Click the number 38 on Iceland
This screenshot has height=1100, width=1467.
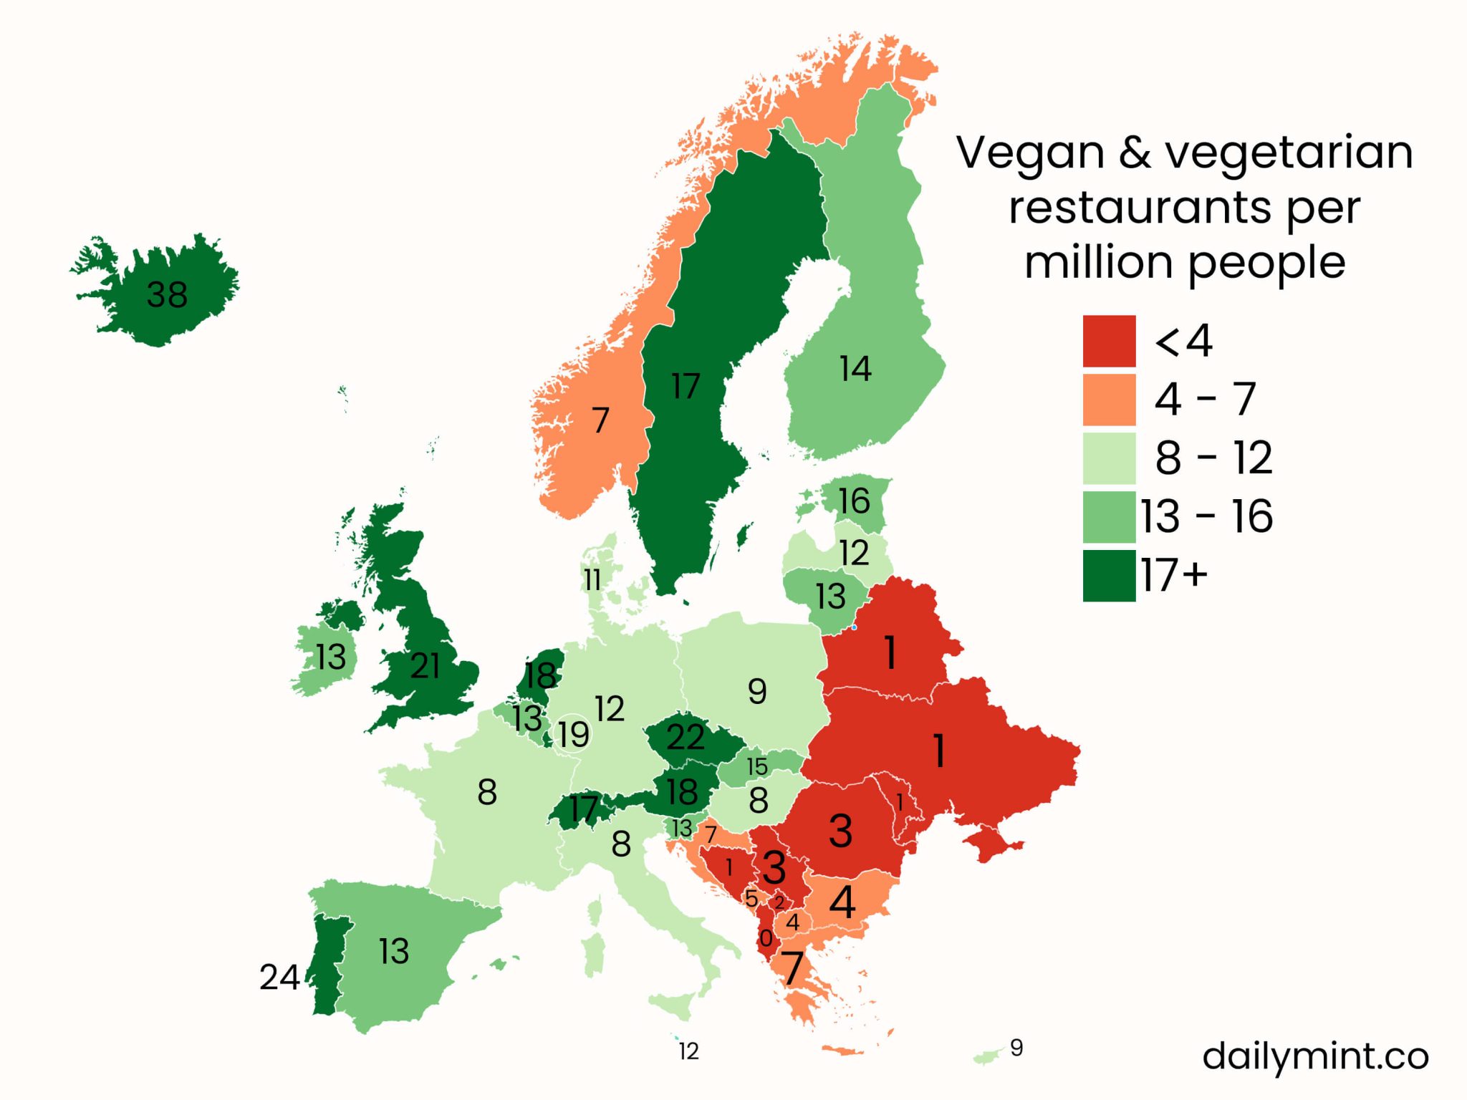167,294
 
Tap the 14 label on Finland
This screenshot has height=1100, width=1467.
855,369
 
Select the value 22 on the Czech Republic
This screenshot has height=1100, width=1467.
686,738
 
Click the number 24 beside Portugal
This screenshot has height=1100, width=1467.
279,977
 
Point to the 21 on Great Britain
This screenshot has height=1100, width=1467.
425,666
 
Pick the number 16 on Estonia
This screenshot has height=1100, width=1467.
854,501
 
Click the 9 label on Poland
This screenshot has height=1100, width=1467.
757,692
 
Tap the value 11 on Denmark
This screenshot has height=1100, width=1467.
592,580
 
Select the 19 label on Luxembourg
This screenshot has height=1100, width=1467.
574,734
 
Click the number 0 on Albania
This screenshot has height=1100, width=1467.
766,938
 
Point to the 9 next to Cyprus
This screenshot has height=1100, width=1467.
1016,1048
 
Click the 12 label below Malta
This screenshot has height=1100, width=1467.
688,1051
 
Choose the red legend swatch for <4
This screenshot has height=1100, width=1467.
1109,341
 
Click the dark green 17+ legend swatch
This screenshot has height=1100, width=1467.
1109,575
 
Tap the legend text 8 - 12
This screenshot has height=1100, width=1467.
1213,458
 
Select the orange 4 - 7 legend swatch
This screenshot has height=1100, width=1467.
1109,400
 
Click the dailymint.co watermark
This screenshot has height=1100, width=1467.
1315,1056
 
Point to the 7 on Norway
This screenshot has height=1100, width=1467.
600,420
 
